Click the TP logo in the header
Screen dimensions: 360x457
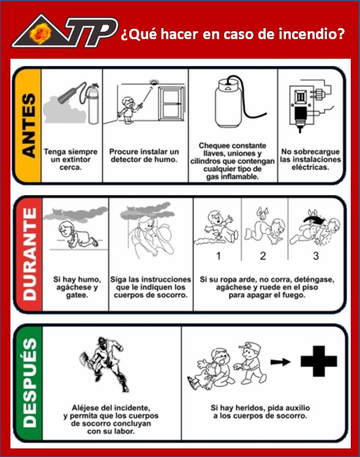65,31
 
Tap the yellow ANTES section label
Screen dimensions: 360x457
28,125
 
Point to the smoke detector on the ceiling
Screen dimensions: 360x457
153,83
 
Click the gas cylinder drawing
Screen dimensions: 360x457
228,104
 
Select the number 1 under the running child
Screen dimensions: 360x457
218,256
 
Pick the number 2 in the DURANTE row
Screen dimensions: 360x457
263,256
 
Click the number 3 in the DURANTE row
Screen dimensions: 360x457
316,256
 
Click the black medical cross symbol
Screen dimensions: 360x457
319,362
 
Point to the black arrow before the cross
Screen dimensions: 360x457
280,362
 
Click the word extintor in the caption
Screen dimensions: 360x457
77,160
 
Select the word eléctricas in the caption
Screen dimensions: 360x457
310,167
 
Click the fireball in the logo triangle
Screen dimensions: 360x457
40,33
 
